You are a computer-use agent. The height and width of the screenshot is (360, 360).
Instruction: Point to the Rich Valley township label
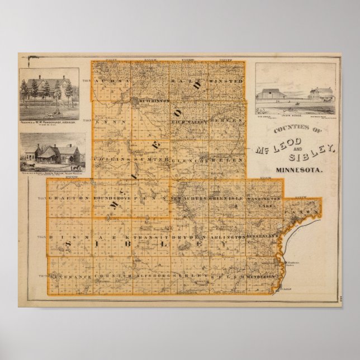[x=190, y=120]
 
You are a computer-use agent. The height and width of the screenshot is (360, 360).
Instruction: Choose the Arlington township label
[x=229, y=238]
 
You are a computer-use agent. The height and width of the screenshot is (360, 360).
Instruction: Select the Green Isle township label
[x=228, y=198]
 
